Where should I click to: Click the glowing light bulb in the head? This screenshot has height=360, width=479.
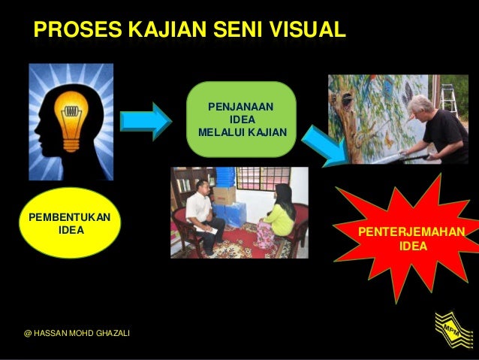pyautogui.click(x=71, y=116)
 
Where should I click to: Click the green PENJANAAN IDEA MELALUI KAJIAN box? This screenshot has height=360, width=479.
pyautogui.click(x=241, y=119)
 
